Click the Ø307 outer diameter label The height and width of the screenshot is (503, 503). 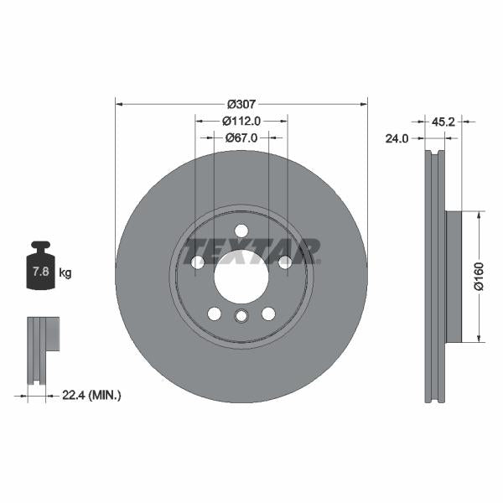pyautogui.click(x=241, y=104)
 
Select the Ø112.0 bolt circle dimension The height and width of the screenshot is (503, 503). pyautogui.click(x=241, y=121)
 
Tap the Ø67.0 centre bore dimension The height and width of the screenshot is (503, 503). pyautogui.click(x=241, y=137)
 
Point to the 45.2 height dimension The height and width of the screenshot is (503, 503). pyautogui.click(x=443, y=121)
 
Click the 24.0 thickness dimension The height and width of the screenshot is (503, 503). pyautogui.click(x=397, y=139)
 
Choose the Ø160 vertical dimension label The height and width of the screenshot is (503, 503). pyautogui.click(x=480, y=277)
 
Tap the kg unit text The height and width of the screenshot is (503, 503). pyautogui.click(x=65, y=273)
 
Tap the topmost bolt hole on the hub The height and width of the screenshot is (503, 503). pyautogui.click(x=241, y=231)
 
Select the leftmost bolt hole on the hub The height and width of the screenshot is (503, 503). pyautogui.click(x=198, y=262)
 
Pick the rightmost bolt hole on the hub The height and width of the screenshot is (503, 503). pyautogui.click(x=285, y=262)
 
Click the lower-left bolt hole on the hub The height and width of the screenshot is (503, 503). pyautogui.click(x=215, y=314)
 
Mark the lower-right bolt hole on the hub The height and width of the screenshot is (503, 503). pyautogui.click(x=268, y=314)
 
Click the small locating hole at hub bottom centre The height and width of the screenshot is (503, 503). pyautogui.click(x=241, y=316)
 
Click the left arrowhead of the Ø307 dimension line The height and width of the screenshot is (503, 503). pyautogui.click(x=119, y=104)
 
